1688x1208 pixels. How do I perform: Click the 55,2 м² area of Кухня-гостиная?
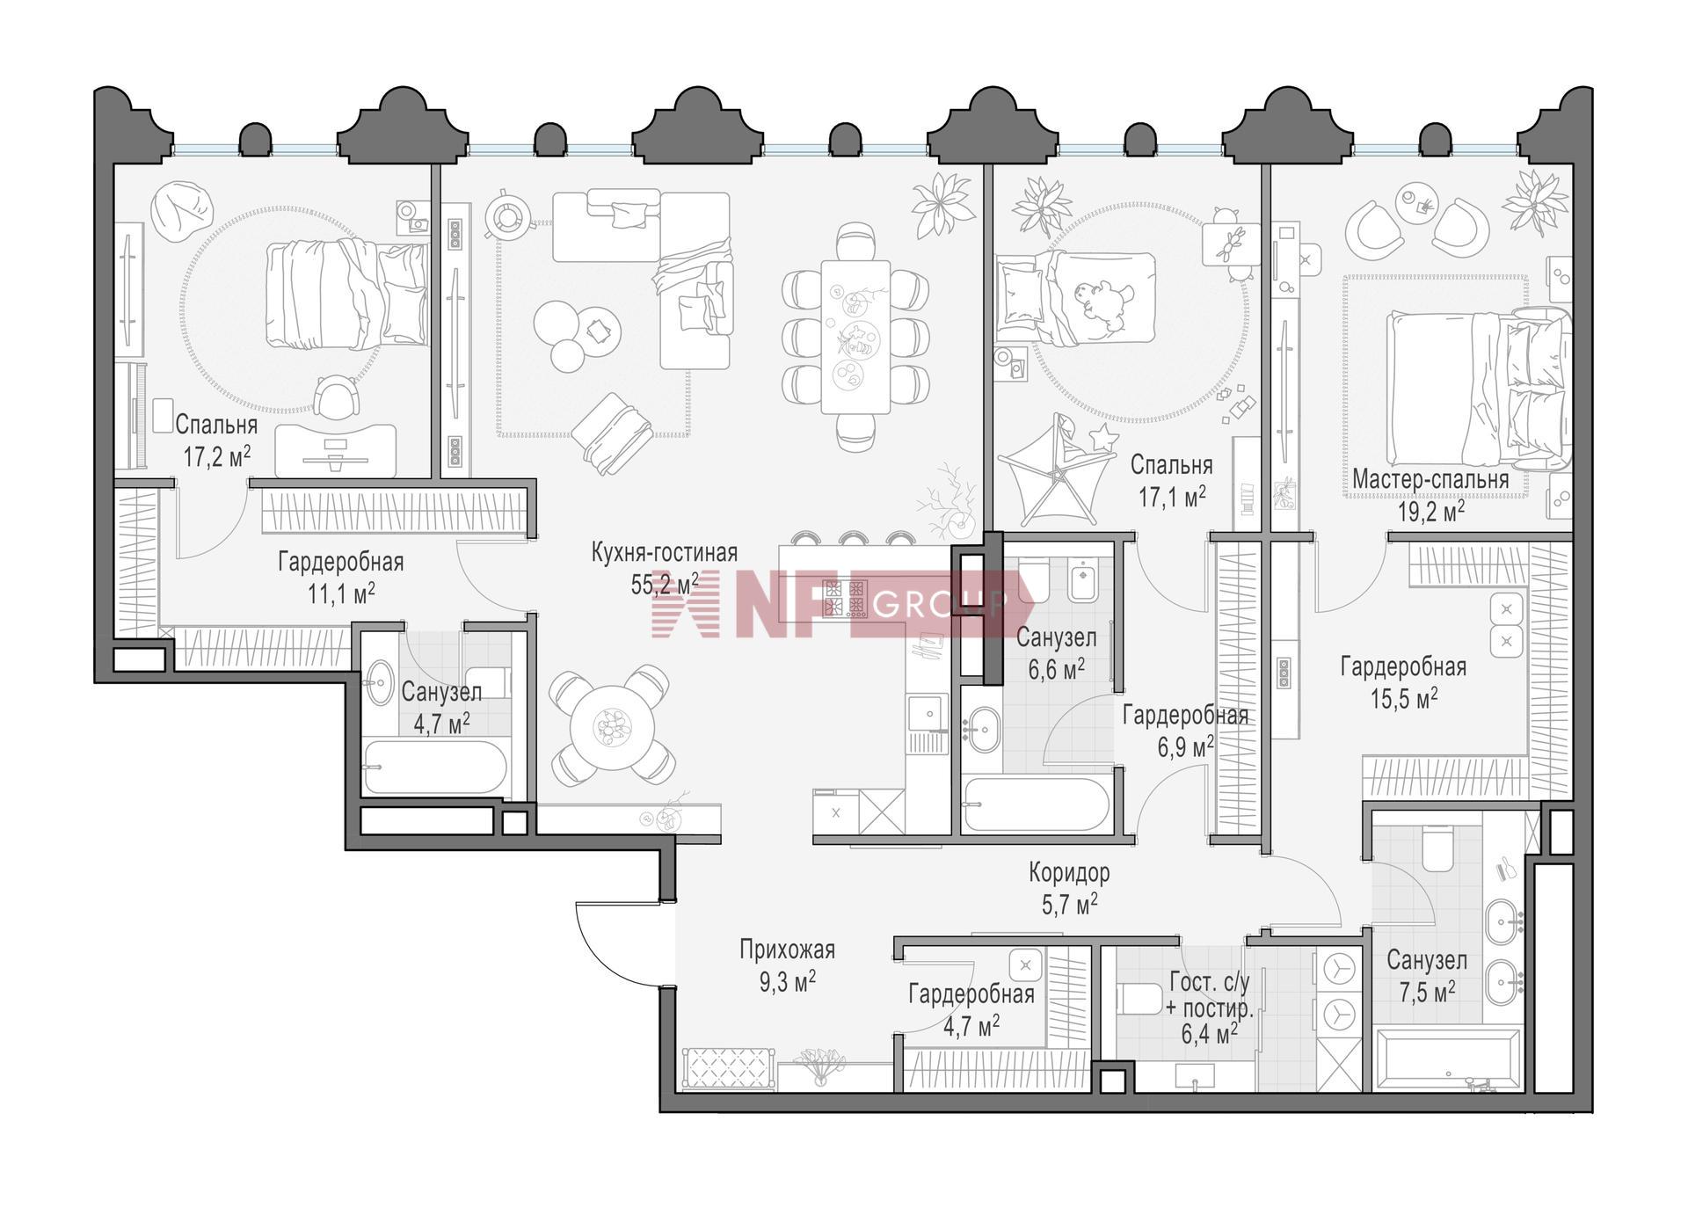(665, 583)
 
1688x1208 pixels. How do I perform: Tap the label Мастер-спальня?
(1430, 480)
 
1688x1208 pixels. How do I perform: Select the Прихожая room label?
(787, 950)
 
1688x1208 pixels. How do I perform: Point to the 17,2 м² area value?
(216, 457)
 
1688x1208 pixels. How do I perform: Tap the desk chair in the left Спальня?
(338, 397)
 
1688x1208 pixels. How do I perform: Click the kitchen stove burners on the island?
(844, 599)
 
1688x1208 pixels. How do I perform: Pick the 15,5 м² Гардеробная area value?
(1404, 699)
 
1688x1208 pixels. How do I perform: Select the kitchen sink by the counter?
(928, 713)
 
